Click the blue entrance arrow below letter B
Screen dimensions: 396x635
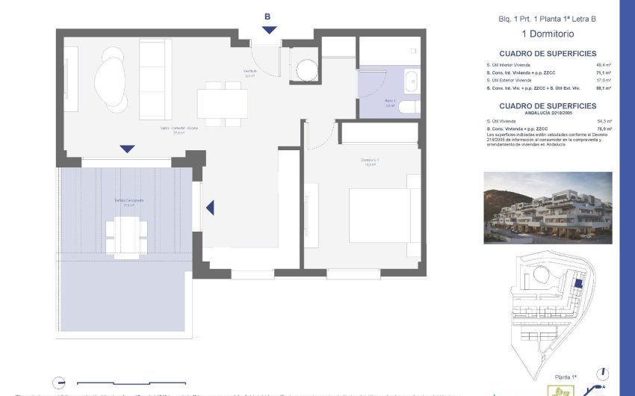coord(269,29)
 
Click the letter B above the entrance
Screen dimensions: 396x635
coord(268,15)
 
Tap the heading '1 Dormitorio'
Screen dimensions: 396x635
coord(548,34)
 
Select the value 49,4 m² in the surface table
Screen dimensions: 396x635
coord(604,65)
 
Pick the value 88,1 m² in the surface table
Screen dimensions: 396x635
coord(604,87)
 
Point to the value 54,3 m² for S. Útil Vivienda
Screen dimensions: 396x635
coord(604,121)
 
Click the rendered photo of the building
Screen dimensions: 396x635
coord(548,207)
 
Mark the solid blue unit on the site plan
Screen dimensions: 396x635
coord(579,285)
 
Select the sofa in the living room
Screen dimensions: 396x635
coord(156,80)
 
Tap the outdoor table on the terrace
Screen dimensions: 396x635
coord(127,236)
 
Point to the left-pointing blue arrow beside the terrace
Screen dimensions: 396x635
coord(210,208)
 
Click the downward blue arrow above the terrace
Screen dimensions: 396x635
coord(128,149)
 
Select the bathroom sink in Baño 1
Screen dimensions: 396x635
coord(412,80)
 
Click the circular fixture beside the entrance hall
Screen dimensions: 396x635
coord(306,69)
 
